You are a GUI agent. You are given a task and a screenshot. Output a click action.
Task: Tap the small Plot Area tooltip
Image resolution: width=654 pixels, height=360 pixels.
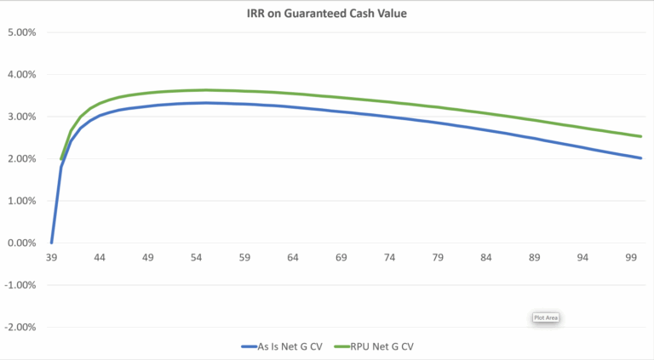click(545, 317)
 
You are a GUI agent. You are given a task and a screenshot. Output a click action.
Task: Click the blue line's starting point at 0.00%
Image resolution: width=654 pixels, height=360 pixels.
click(51, 243)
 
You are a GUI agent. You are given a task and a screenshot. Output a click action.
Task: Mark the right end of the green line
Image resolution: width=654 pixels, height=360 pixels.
click(640, 136)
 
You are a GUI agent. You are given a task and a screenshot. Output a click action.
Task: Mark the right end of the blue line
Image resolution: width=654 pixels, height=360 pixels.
click(640, 157)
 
